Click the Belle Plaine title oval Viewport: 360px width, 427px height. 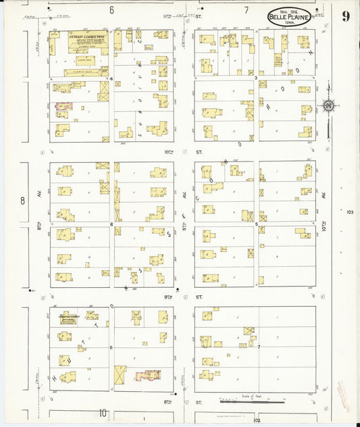click(x=290, y=17)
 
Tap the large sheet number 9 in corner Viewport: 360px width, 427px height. click(x=345, y=16)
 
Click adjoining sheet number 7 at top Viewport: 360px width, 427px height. click(x=246, y=10)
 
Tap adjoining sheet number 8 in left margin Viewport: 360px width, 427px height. click(x=22, y=201)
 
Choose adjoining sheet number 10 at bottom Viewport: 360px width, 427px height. click(x=103, y=413)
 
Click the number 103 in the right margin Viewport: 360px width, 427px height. click(x=349, y=212)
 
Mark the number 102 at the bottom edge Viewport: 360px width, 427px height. click(x=249, y=420)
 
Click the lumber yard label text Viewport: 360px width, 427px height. click(x=88, y=41)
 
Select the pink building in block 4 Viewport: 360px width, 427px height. click(x=63, y=106)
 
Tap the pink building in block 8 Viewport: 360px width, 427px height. click(x=148, y=375)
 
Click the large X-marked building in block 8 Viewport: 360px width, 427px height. click(x=121, y=374)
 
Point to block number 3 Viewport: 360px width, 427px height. click(x=255, y=78)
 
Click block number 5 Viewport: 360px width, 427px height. click(x=255, y=223)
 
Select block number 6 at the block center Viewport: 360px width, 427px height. click(x=111, y=224)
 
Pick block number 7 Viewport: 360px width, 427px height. click(x=258, y=346)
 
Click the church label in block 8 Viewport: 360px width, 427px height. click(x=70, y=316)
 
